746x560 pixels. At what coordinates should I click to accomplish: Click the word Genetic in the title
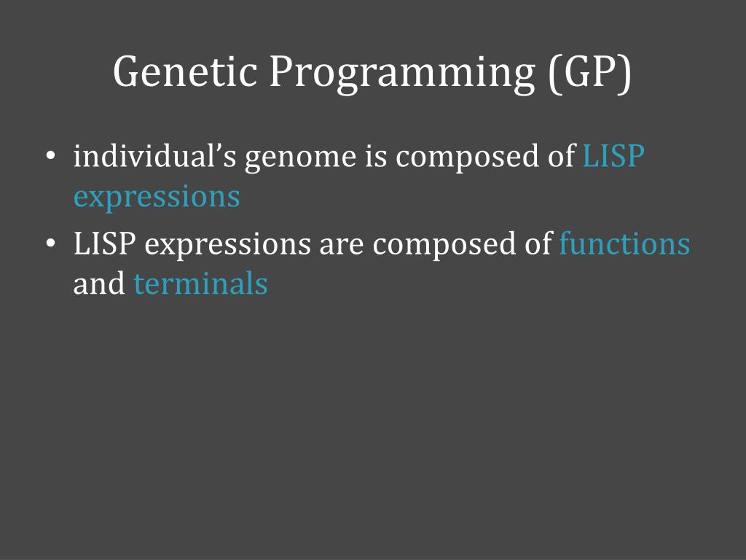[x=185, y=71]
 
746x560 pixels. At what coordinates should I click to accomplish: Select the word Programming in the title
[x=402, y=74]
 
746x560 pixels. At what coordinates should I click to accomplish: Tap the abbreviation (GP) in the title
[x=590, y=74]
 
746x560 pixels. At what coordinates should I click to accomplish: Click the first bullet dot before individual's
[x=51, y=156]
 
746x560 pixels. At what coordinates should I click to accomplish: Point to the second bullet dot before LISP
[x=51, y=244]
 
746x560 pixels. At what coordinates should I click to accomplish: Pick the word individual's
[x=154, y=156]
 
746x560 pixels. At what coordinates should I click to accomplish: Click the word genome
[x=301, y=160]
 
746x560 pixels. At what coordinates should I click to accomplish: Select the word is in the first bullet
[x=376, y=156]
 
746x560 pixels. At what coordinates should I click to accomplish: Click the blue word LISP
[x=613, y=156]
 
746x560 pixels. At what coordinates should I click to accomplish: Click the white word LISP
[x=105, y=244]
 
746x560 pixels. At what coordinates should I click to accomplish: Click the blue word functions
[x=624, y=243]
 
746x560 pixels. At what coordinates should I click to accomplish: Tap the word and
[x=99, y=283]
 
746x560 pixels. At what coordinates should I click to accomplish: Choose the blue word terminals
[x=201, y=284]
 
